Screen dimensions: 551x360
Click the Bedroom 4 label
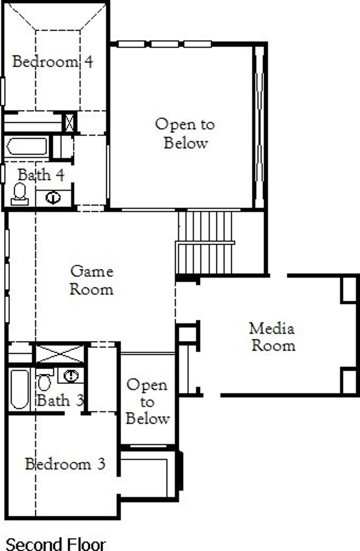point(53,62)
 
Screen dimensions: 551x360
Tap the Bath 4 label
point(41,175)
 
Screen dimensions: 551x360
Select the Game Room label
point(92,281)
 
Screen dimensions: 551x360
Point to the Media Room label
point(273,337)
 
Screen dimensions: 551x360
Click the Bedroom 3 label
point(65,464)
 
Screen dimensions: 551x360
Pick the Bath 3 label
point(60,400)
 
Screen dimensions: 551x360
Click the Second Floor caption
point(56,544)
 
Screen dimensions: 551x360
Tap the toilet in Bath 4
point(20,194)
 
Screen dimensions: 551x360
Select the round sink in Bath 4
point(53,198)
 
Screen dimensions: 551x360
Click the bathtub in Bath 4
point(27,146)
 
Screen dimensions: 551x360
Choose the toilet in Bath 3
point(44,380)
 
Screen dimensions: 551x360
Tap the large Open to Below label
point(185,134)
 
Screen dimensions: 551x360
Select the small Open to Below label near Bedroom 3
point(147,402)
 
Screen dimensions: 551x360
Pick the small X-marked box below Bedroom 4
point(69,122)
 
